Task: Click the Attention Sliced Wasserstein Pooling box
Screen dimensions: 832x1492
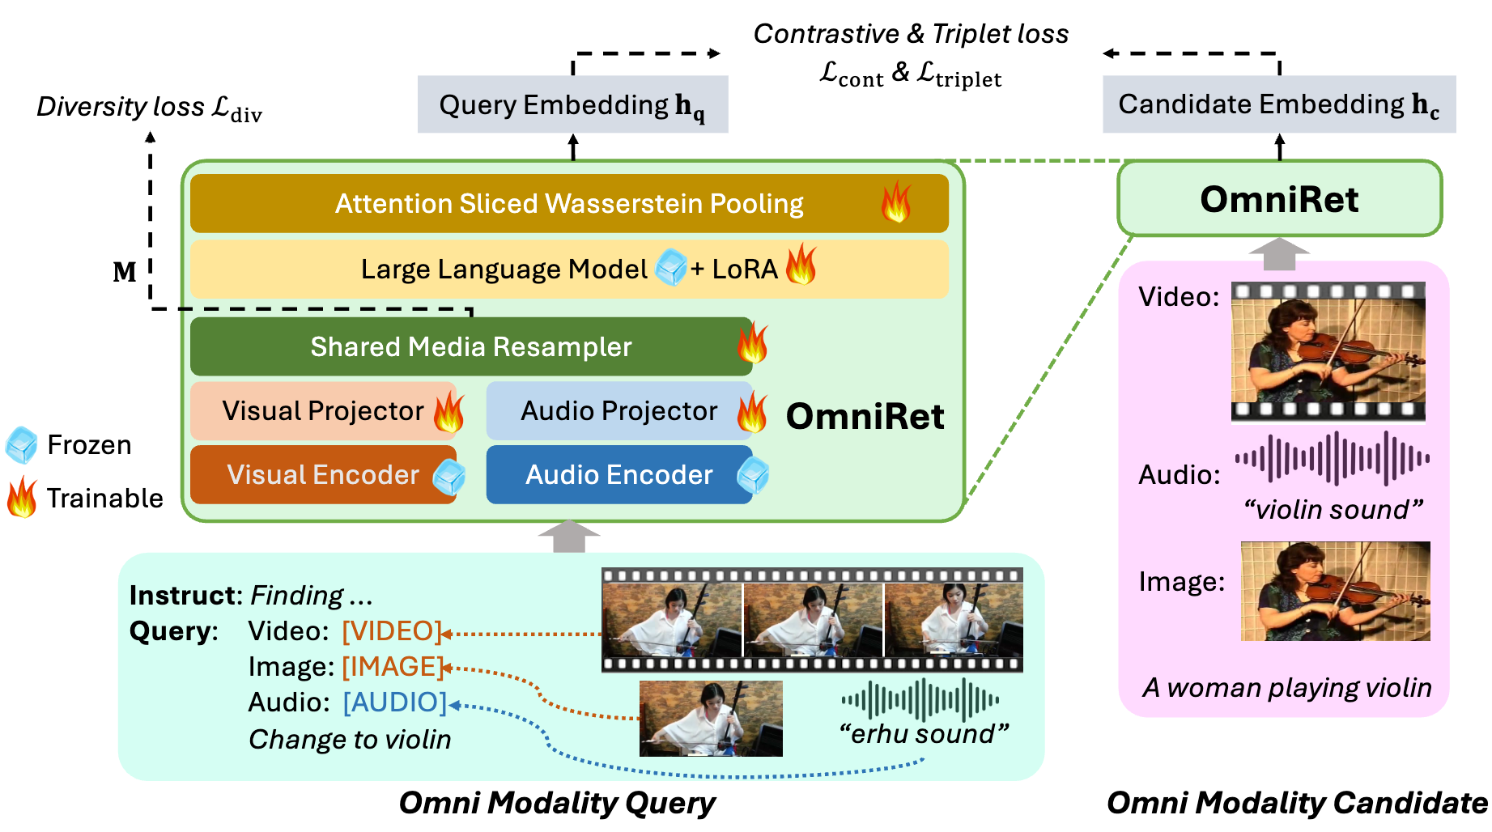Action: [x=569, y=204]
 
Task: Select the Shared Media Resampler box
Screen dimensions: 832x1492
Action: [x=471, y=347]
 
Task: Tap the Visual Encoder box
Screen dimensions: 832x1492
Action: [x=323, y=475]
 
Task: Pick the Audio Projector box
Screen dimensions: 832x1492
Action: [x=618, y=411]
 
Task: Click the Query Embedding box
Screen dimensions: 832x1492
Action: [x=572, y=105]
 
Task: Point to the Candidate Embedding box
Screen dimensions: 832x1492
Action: [x=1278, y=104]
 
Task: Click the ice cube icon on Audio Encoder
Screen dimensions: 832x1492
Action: [x=753, y=476]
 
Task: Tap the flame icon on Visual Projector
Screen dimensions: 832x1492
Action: [x=448, y=412]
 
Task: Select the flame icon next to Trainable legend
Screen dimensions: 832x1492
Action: [x=22, y=498]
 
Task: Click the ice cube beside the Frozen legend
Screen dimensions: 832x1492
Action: [x=22, y=445]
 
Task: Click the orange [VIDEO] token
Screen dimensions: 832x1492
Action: [x=392, y=631]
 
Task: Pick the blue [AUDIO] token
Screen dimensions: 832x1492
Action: [x=394, y=703]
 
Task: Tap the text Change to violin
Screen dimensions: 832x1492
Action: [x=350, y=740]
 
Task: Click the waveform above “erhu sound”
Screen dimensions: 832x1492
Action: [x=920, y=700]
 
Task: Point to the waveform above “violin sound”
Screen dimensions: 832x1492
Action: [x=1332, y=459]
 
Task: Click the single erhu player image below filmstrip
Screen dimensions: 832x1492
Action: [x=711, y=719]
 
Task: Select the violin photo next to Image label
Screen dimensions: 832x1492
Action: [x=1335, y=592]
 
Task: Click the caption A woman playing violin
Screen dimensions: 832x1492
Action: [x=1287, y=688]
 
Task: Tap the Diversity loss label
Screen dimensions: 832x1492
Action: [x=150, y=108]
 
